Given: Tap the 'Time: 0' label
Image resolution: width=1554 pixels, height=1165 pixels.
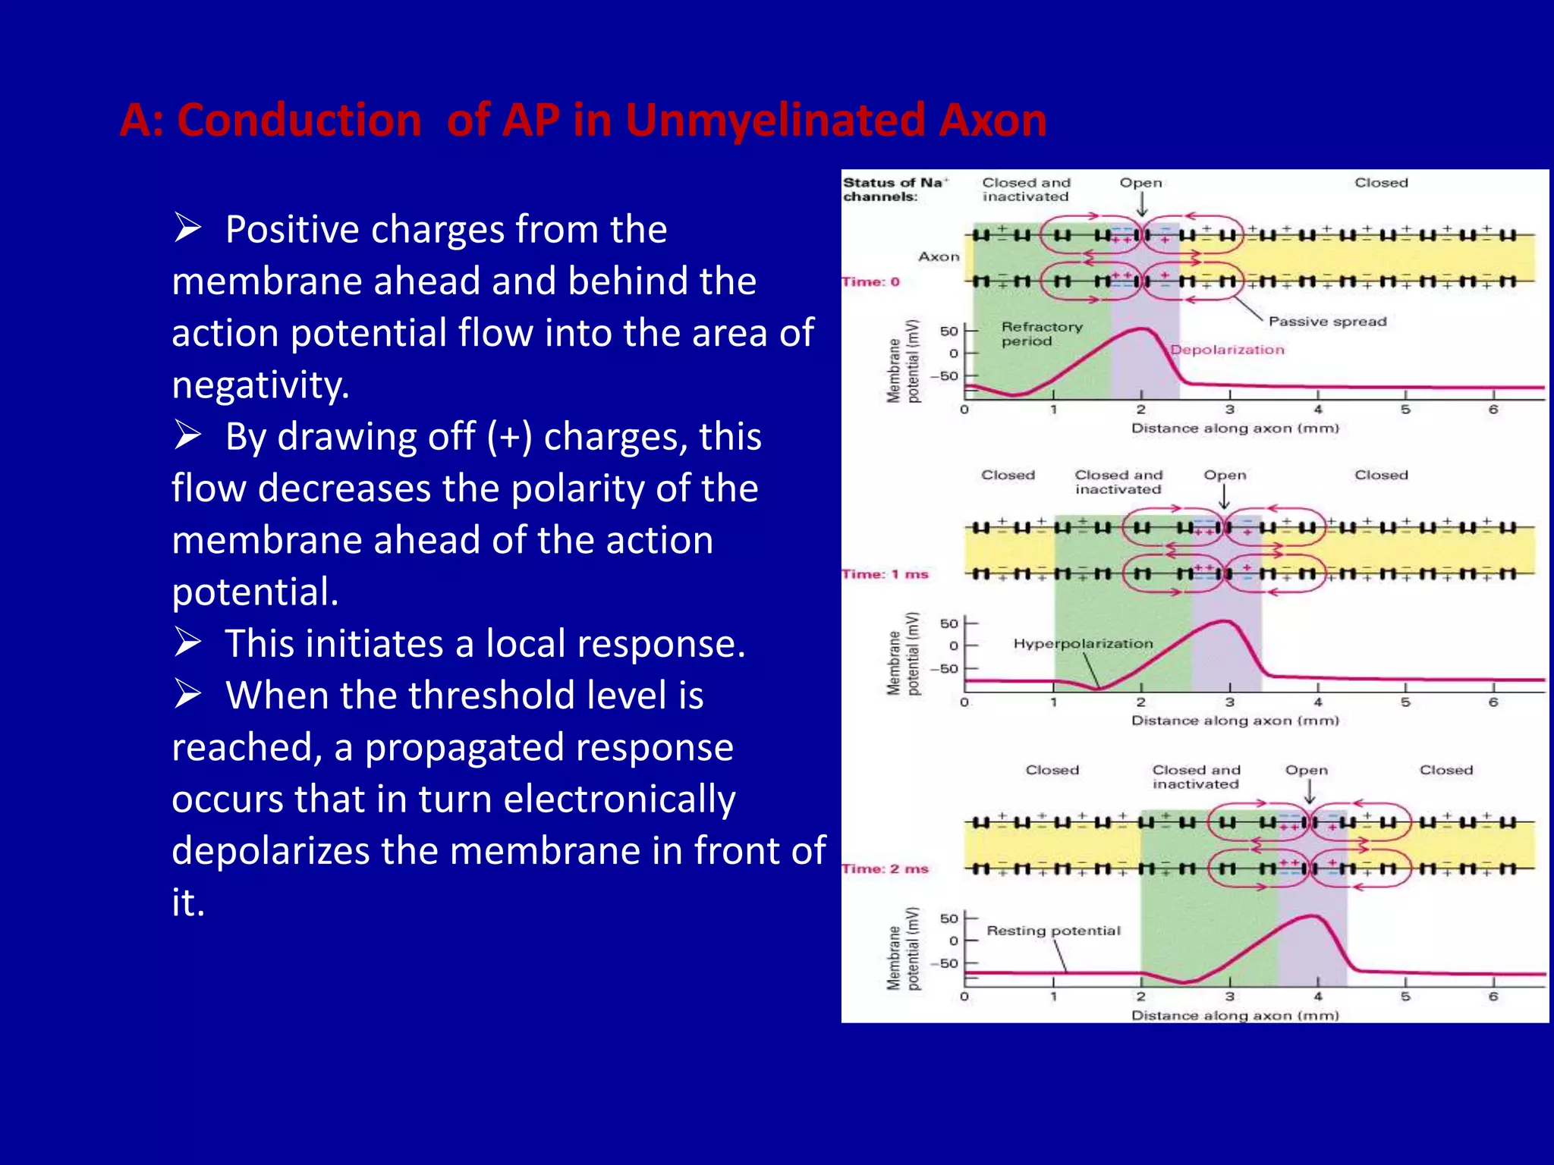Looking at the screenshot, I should (x=870, y=282).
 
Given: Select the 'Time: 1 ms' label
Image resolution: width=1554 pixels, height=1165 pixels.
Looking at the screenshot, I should (x=885, y=574).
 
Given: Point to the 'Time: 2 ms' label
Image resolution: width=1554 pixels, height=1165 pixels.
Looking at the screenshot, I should (x=885, y=869).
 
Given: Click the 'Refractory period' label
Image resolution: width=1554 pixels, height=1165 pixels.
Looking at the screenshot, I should (x=1041, y=334).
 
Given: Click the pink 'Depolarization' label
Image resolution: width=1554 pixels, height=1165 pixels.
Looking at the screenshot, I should (x=1227, y=350).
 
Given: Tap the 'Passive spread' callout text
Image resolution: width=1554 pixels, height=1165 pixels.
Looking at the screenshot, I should (x=1327, y=322).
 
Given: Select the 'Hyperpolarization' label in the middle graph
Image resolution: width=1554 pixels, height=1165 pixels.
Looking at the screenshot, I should (x=1083, y=644).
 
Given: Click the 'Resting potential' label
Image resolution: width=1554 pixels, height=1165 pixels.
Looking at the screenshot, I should (x=1053, y=931).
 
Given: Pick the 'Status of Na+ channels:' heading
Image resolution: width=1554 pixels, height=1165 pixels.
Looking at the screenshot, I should (x=894, y=190).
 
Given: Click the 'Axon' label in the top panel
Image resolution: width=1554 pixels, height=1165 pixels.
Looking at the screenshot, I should (x=939, y=257).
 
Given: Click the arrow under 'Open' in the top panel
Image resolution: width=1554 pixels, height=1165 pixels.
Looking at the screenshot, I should (x=1141, y=205).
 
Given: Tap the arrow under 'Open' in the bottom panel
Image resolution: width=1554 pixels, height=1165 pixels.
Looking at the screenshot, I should (x=1309, y=792).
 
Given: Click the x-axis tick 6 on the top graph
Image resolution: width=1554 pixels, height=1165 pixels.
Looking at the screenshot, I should (x=1493, y=410).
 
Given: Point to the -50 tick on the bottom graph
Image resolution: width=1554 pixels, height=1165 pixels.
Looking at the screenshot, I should (x=948, y=963).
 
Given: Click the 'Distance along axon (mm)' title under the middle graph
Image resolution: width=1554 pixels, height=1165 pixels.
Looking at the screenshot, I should (x=1235, y=721).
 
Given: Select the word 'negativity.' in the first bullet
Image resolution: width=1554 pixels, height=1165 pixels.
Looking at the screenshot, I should (x=260, y=385).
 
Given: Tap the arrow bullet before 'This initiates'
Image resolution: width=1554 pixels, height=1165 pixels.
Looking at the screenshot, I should (x=187, y=642).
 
